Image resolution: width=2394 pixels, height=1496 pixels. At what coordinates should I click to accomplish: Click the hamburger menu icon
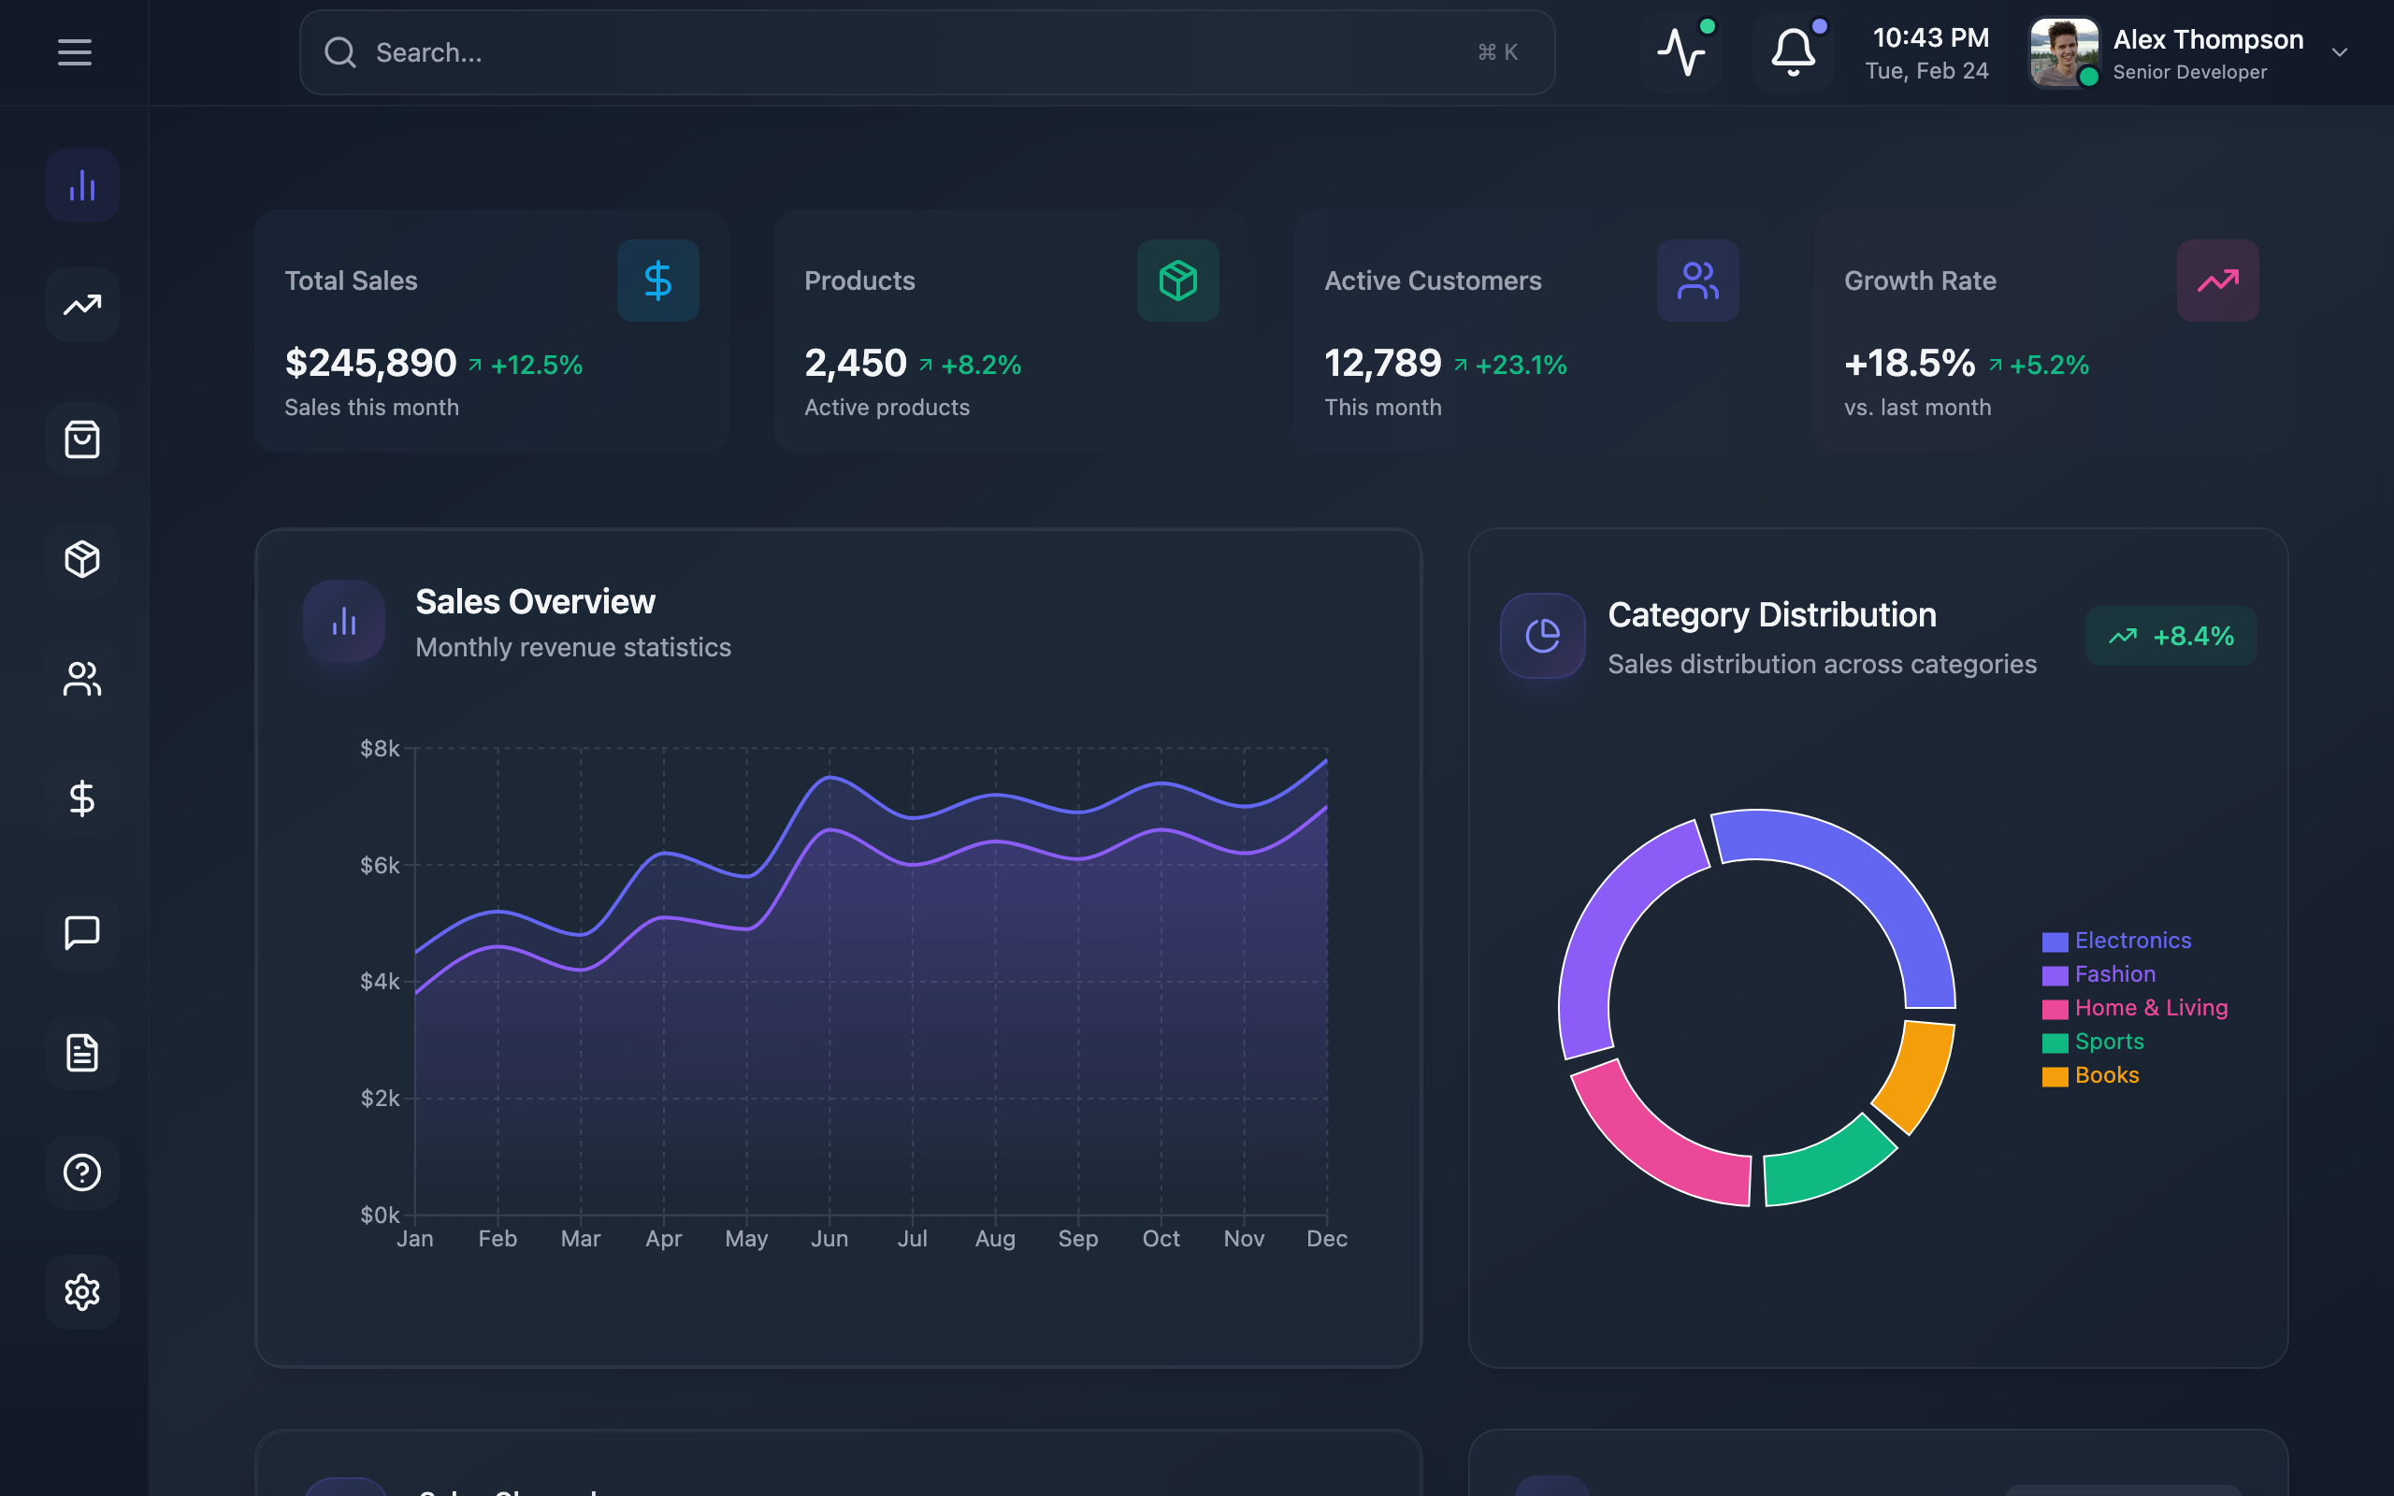coord(74,52)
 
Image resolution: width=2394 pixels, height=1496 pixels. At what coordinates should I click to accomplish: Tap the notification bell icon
coord(1793,52)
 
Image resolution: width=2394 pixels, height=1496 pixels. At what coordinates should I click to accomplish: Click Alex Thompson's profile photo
coord(2064,52)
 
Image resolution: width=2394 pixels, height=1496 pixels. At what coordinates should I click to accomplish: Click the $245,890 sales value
coord(371,363)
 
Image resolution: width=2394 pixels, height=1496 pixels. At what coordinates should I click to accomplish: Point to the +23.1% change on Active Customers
coord(1521,365)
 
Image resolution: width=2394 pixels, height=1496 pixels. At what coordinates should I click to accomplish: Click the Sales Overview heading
coord(535,601)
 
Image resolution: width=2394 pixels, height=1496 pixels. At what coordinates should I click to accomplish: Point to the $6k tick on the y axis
coord(380,866)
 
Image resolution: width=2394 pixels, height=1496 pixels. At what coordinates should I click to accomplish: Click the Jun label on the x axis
coord(829,1239)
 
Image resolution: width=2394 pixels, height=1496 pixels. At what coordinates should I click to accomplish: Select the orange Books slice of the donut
coord(1916,1073)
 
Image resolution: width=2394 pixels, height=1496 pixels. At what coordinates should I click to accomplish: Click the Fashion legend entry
coord(2114,974)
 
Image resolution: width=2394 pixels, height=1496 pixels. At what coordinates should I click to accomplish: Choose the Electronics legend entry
coord(2132,941)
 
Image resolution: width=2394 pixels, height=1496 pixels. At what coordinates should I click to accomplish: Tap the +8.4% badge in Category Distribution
coord(2170,636)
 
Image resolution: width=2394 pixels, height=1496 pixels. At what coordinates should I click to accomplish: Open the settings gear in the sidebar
coord(82,1292)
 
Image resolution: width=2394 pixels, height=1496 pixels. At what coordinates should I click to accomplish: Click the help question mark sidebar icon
coord(82,1172)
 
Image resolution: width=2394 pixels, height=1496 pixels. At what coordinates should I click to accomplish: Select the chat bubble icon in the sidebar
coord(82,932)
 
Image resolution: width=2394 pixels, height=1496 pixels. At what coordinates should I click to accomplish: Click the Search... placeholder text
coord(429,52)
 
